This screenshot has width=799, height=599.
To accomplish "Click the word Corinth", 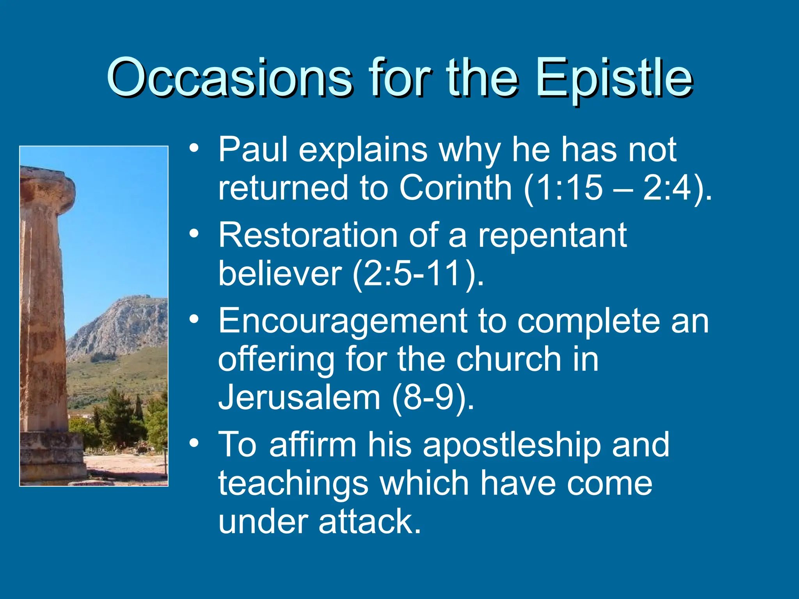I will tap(455, 188).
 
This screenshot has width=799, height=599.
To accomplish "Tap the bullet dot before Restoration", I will tap(194, 234).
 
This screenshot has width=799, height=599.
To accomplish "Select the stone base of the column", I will tap(53, 456).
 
